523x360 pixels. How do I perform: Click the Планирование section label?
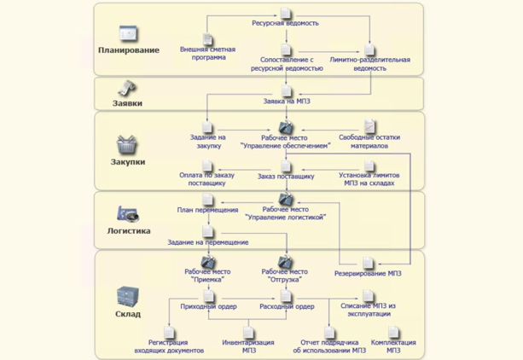click(129, 50)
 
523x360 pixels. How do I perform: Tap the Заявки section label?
click(128, 102)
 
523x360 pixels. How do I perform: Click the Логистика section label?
click(129, 230)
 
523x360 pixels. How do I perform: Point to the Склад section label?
click(128, 314)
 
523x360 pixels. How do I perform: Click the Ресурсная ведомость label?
click(287, 25)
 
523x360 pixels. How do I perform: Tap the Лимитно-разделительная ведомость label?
click(369, 64)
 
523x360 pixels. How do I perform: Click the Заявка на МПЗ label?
click(287, 102)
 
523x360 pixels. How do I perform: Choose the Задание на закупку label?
click(207, 141)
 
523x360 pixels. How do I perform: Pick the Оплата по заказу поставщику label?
click(207, 179)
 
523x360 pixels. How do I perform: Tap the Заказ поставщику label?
click(286, 176)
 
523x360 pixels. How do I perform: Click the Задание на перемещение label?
click(208, 242)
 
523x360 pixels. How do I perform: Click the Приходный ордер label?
click(207, 307)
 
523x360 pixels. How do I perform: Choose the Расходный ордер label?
click(287, 307)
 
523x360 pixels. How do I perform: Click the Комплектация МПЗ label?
click(392, 346)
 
